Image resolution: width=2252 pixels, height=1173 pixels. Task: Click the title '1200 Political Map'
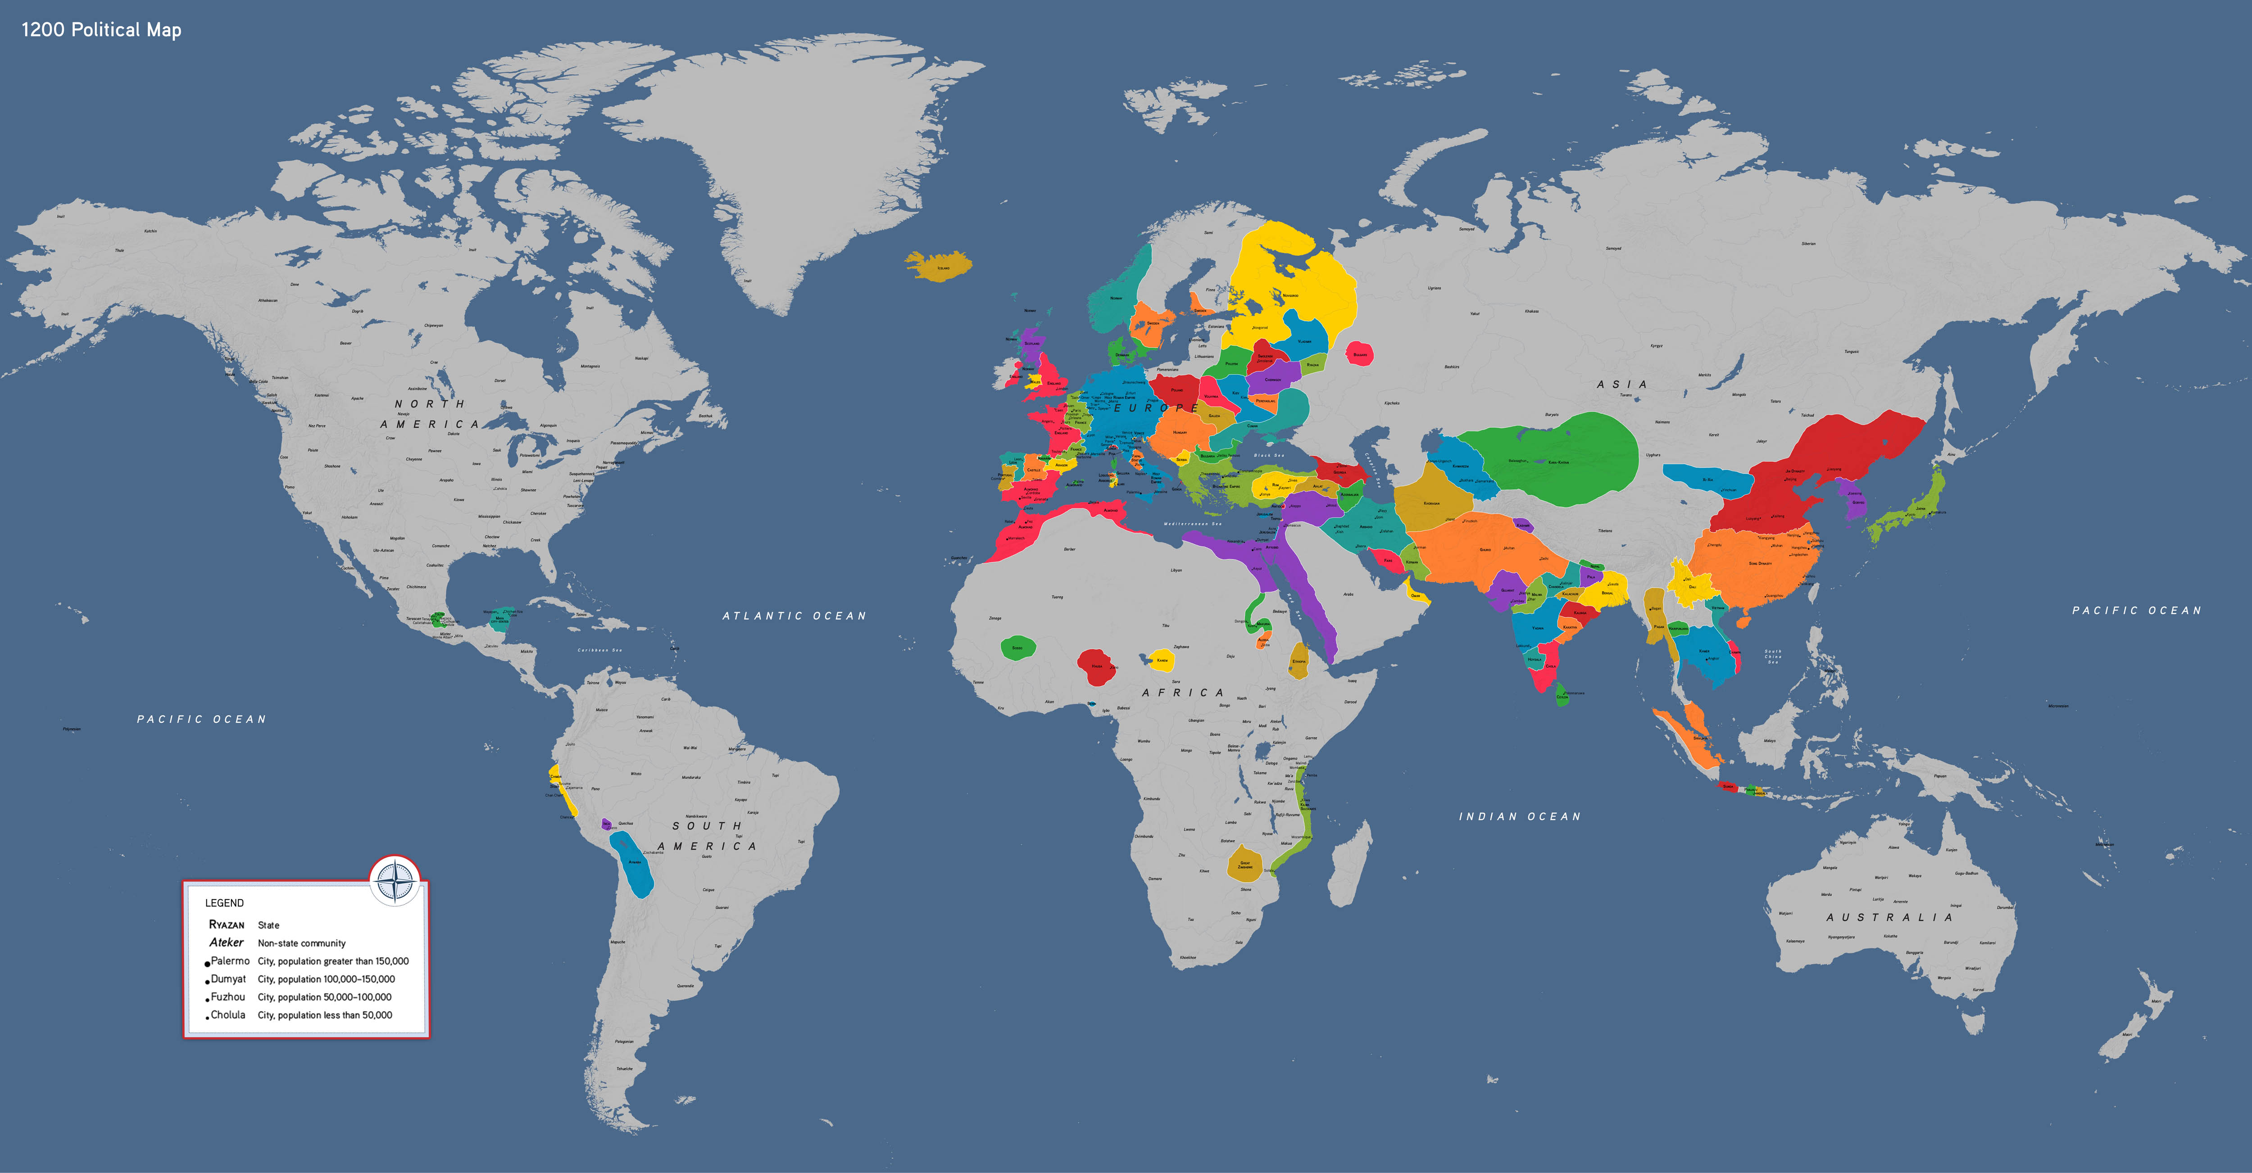[x=101, y=30]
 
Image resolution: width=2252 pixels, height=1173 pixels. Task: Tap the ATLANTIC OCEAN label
[x=794, y=616]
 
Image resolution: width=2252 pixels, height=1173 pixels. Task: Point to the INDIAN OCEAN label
[x=1519, y=816]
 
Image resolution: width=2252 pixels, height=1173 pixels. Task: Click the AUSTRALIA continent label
[x=1889, y=917]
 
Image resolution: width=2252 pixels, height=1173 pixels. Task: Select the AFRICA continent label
[x=1183, y=692]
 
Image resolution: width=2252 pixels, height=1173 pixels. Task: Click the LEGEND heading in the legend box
[x=225, y=903]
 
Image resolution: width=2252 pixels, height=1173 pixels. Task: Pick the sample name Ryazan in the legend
[x=227, y=925]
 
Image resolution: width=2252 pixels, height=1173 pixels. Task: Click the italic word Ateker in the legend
[x=227, y=942]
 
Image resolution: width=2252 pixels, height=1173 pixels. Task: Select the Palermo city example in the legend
[x=230, y=960]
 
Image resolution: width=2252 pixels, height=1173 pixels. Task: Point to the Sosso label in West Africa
[x=1017, y=648]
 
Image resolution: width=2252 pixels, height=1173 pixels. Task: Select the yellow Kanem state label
[x=1162, y=661]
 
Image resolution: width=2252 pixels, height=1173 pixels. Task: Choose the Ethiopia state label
[x=1299, y=661]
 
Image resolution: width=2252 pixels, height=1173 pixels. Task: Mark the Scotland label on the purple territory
[x=1031, y=344]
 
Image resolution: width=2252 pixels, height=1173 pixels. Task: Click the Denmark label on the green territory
[x=1121, y=355]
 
